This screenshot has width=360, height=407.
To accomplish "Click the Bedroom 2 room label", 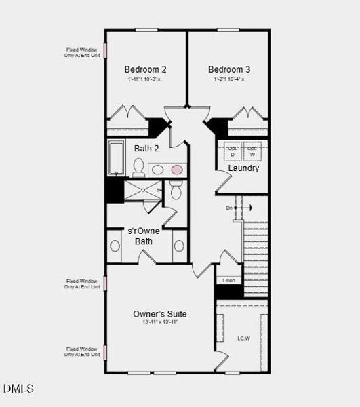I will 145,69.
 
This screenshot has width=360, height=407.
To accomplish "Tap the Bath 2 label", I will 146,149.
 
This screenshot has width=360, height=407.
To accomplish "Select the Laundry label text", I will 243,168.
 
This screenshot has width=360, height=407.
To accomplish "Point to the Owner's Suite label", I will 160,314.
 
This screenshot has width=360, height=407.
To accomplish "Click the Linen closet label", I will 228,280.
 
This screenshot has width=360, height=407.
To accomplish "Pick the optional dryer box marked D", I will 232,151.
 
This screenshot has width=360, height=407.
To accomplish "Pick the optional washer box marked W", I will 252,151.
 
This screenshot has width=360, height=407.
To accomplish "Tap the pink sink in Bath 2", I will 176,169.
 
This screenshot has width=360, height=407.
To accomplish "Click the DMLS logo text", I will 18,389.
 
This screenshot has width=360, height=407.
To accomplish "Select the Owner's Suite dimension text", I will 160,322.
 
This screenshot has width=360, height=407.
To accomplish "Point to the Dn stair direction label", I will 229,207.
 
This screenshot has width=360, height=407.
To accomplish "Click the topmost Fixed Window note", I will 83,52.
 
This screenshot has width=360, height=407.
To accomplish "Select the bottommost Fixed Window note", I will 82,351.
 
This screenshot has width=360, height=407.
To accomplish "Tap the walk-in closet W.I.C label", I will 243,338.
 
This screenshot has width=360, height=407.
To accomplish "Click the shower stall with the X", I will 142,191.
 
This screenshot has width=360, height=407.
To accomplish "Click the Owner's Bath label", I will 144,236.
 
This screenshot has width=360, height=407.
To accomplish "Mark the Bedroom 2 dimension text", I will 144,79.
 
